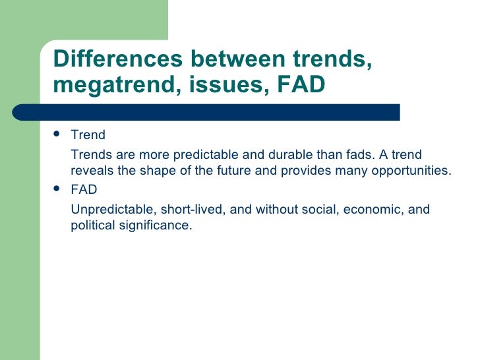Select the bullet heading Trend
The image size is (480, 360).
(88, 136)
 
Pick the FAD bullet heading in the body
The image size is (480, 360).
(84, 190)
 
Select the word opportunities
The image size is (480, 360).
(413, 171)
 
